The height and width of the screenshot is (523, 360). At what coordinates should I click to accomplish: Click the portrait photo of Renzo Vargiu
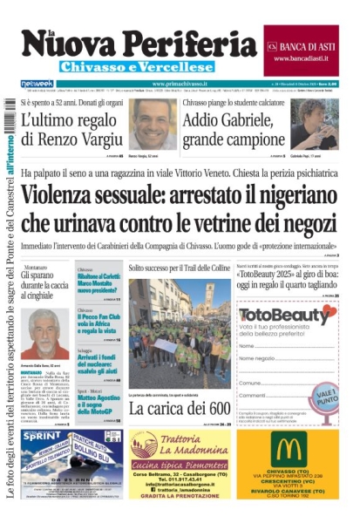click(152, 123)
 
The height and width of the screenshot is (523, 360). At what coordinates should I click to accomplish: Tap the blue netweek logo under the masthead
click(36, 84)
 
